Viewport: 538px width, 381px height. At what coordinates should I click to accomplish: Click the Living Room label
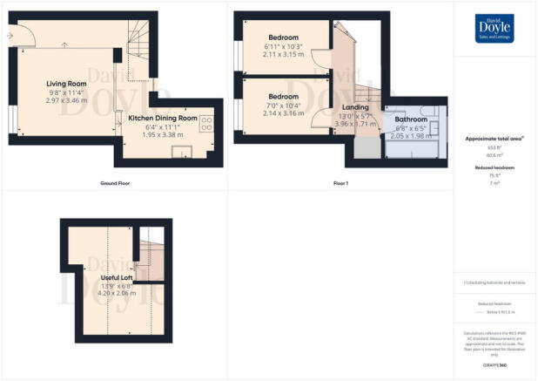tap(64, 84)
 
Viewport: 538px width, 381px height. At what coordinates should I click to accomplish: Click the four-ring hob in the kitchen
tap(207, 124)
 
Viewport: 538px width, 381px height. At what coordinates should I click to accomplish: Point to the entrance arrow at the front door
tap(8, 36)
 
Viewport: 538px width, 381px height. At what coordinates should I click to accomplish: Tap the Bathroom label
tap(411, 119)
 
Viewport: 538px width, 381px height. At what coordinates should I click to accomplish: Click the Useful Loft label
tap(104, 277)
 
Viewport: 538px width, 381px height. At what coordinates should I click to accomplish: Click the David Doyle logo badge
tap(493, 29)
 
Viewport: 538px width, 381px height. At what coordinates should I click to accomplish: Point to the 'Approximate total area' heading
tap(494, 139)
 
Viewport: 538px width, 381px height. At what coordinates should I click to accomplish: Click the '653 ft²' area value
tap(494, 147)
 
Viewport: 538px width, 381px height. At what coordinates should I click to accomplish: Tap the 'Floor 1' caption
tap(341, 184)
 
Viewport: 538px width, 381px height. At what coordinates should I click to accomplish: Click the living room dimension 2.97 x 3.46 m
tap(64, 101)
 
